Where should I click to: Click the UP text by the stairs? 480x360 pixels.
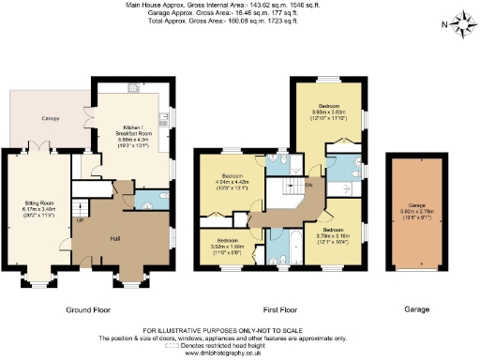click(80, 221)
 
